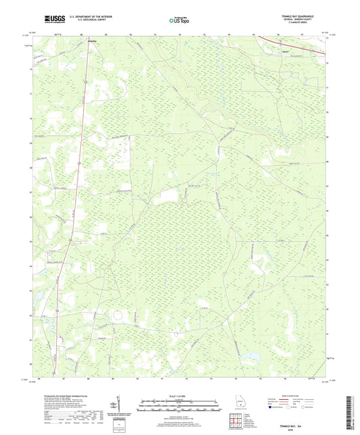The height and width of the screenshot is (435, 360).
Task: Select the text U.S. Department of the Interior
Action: (x=91, y=16)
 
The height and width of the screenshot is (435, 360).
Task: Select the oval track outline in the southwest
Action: (x=118, y=315)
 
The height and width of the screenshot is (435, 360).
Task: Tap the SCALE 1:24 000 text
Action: (x=180, y=395)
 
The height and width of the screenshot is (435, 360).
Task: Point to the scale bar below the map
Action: (x=180, y=407)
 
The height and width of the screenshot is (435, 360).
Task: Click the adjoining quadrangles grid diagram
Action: (x=237, y=422)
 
